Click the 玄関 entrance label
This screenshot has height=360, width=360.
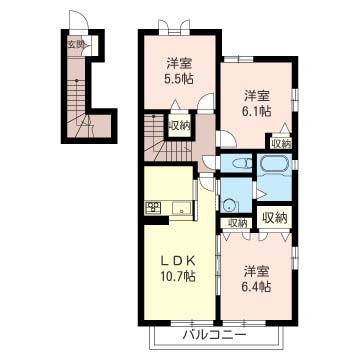coord(75,44)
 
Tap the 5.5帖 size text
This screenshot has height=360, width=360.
coord(179,80)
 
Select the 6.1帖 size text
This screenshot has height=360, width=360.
coord(256,110)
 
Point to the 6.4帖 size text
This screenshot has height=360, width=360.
coord(256,286)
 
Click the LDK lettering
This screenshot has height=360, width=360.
coord(178,262)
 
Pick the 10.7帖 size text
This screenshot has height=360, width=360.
coord(178,276)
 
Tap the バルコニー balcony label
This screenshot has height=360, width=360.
coord(214,334)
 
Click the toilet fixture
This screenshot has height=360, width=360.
coord(242,164)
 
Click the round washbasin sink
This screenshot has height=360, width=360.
coord(229,206)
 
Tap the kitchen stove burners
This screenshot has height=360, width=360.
coord(153,208)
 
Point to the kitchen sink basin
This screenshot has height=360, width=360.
coord(182,208)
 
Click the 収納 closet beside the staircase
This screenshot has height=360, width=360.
coord(179,126)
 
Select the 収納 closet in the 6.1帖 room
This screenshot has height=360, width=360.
coord(281,144)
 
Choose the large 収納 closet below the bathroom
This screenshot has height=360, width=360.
coord(275,218)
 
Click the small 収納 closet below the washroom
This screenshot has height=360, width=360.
coord(237,223)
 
